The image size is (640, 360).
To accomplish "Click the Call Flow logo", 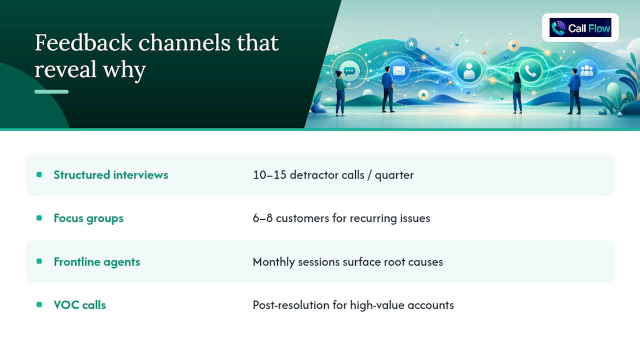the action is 580,27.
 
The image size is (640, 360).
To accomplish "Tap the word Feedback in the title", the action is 83,43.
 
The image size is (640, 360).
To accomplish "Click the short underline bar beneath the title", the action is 51,91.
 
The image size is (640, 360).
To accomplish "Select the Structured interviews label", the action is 111,175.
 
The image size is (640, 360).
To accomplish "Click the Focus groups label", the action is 88,218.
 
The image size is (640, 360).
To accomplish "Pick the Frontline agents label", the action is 97,261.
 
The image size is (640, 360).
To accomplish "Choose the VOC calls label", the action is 79,305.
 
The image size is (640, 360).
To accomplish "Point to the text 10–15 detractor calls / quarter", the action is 333,175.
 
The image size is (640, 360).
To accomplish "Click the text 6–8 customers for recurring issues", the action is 341,218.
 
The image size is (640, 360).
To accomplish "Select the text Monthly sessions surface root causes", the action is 347,261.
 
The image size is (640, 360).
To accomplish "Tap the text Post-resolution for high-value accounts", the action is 353,305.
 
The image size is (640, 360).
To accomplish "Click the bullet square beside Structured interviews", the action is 39,174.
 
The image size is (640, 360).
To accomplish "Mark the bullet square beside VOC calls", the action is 39,305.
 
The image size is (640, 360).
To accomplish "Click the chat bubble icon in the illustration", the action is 349,71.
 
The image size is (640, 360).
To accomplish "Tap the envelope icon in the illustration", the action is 399,70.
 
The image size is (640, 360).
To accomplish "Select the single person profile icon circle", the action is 469,70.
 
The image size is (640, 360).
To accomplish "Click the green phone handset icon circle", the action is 530,70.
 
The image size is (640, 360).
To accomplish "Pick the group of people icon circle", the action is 586,70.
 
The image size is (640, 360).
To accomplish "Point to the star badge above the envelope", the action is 411,43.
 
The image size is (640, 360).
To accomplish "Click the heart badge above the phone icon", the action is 513,45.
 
